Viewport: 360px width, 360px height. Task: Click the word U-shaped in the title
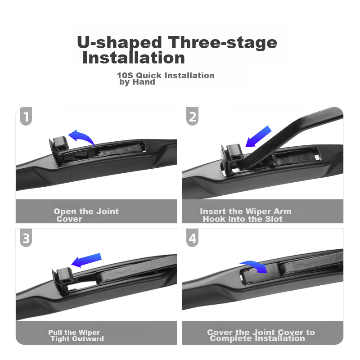pos(119,42)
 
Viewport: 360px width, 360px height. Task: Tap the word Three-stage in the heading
pos(222,42)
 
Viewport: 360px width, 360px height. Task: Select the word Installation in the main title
pos(134,58)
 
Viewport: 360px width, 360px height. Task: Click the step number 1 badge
pos(26,117)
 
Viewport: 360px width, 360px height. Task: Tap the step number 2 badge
pos(193,117)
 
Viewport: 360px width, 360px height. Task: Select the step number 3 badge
pos(26,238)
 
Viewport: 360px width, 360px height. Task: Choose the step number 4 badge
pos(193,238)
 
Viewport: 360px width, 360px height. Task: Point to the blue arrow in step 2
pos(258,137)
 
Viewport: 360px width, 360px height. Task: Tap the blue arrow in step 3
pos(86,260)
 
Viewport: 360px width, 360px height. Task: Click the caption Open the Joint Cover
pos(86,215)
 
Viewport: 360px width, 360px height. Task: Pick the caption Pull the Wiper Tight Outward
pos(76,336)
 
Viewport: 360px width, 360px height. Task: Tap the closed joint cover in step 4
pos(260,274)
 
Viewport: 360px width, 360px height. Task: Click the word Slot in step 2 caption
pos(274,219)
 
